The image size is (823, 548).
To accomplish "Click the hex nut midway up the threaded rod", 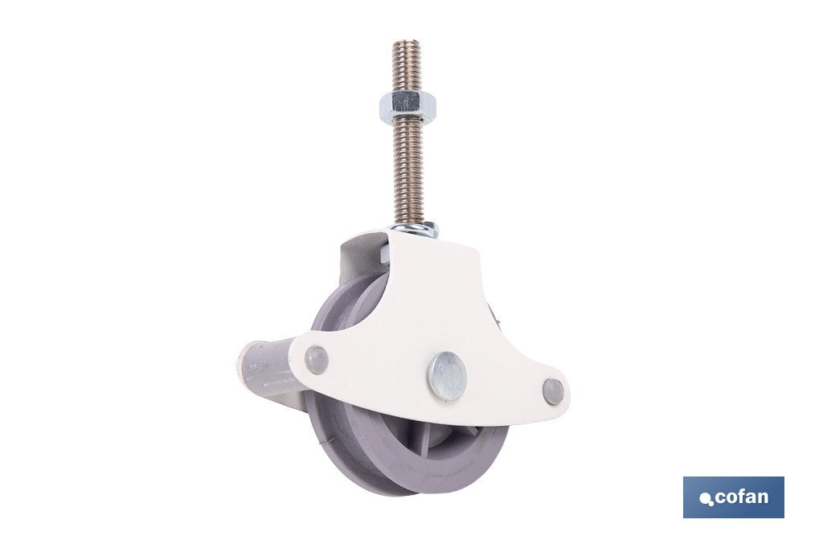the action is tap(407, 107).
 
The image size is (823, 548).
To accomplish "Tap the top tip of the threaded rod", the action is tap(406, 41).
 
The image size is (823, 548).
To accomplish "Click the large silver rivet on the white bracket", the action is tap(447, 376).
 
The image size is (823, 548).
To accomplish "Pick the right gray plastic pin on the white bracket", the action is tap(553, 392).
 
